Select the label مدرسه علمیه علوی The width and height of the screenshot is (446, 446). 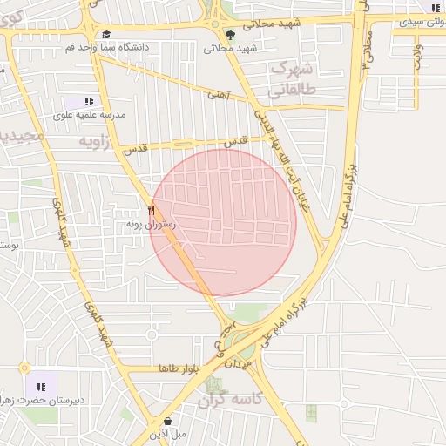coord(90,114)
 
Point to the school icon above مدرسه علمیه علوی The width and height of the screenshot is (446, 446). coord(89,102)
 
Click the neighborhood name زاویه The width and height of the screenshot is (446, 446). coord(96,140)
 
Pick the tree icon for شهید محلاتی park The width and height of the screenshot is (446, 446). coord(230,35)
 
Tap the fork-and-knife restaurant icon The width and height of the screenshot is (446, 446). coord(152,210)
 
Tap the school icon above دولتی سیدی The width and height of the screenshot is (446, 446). coord(434,8)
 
